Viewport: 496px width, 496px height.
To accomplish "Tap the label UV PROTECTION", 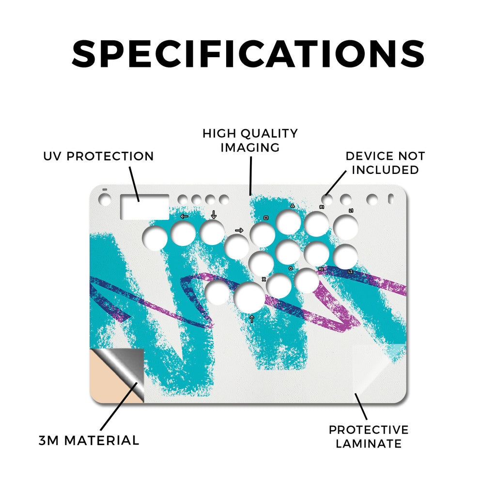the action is click(x=98, y=156).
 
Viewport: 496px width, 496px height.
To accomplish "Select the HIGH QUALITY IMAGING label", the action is click(x=250, y=140).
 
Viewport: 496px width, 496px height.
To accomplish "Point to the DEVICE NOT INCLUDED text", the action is click(x=385, y=163).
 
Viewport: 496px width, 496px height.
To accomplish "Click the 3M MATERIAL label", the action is click(x=89, y=440).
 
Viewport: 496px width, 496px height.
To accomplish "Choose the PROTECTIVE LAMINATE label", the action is click(x=369, y=437).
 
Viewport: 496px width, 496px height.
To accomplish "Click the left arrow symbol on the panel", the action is click(x=184, y=217).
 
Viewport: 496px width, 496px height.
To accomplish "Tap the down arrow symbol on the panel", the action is click(x=214, y=215).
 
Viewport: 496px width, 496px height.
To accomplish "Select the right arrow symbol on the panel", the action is click(x=239, y=230).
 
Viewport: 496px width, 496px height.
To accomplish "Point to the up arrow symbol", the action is click(x=252, y=319).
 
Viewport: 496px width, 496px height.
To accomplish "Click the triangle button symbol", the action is click(x=293, y=206).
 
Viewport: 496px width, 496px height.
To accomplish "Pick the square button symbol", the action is click(x=266, y=217).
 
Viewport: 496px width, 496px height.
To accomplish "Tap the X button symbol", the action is click(x=264, y=279).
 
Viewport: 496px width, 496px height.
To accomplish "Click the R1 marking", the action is click(x=322, y=207).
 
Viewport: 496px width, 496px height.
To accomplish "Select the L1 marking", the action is click(x=351, y=211).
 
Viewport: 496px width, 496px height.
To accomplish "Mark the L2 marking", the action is click(x=351, y=272).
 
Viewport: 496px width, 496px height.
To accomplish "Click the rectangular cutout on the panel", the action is click(x=144, y=207).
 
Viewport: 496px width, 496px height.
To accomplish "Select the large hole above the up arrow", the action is click(x=249, y=297).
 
